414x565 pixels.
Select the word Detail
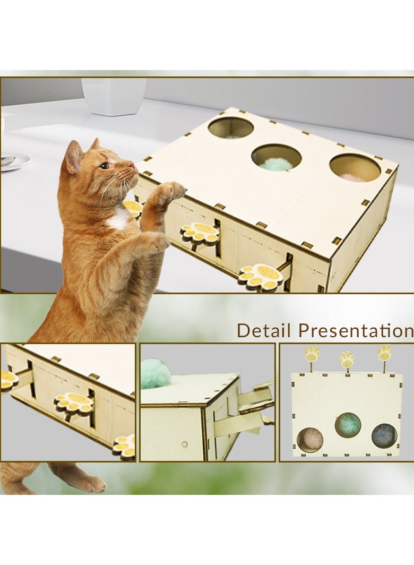[264, 330]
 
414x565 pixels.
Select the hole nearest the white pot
[230, 128]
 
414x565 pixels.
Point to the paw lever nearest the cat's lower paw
[200, 233]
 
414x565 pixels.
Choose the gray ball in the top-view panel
[384, 435]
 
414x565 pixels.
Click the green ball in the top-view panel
[348, 424]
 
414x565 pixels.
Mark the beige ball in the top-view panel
[310, 439]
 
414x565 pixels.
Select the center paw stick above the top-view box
[347, 359]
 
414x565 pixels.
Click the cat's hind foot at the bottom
[88, 483]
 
